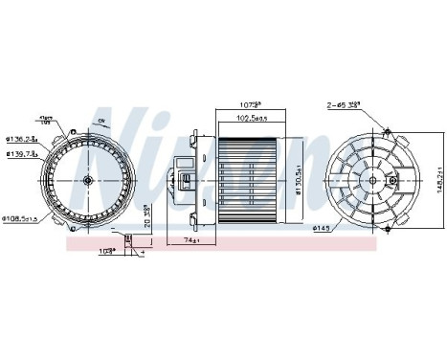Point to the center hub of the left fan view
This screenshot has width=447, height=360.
[87, 179]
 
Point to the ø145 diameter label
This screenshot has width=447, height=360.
[322, 226]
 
